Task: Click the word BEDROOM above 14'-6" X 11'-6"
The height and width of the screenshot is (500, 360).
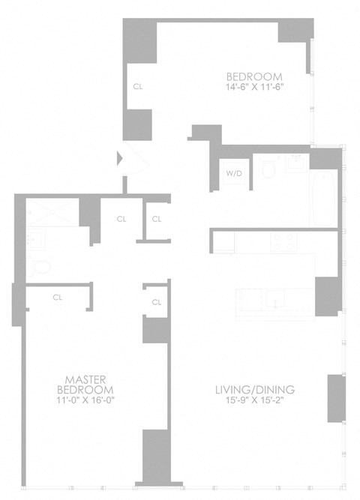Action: click(254, 76)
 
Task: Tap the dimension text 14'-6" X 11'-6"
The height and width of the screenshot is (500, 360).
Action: click(254, 87)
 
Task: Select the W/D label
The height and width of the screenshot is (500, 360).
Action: click(234, 173)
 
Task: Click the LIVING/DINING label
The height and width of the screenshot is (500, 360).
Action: click(254, 390)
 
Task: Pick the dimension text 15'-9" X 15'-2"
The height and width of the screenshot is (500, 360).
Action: click(254, 400)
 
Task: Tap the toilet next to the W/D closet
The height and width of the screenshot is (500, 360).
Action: click(268, 172)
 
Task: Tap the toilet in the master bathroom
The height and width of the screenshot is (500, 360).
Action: click(43, 267)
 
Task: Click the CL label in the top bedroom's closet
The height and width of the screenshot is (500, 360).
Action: click(137, 86)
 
